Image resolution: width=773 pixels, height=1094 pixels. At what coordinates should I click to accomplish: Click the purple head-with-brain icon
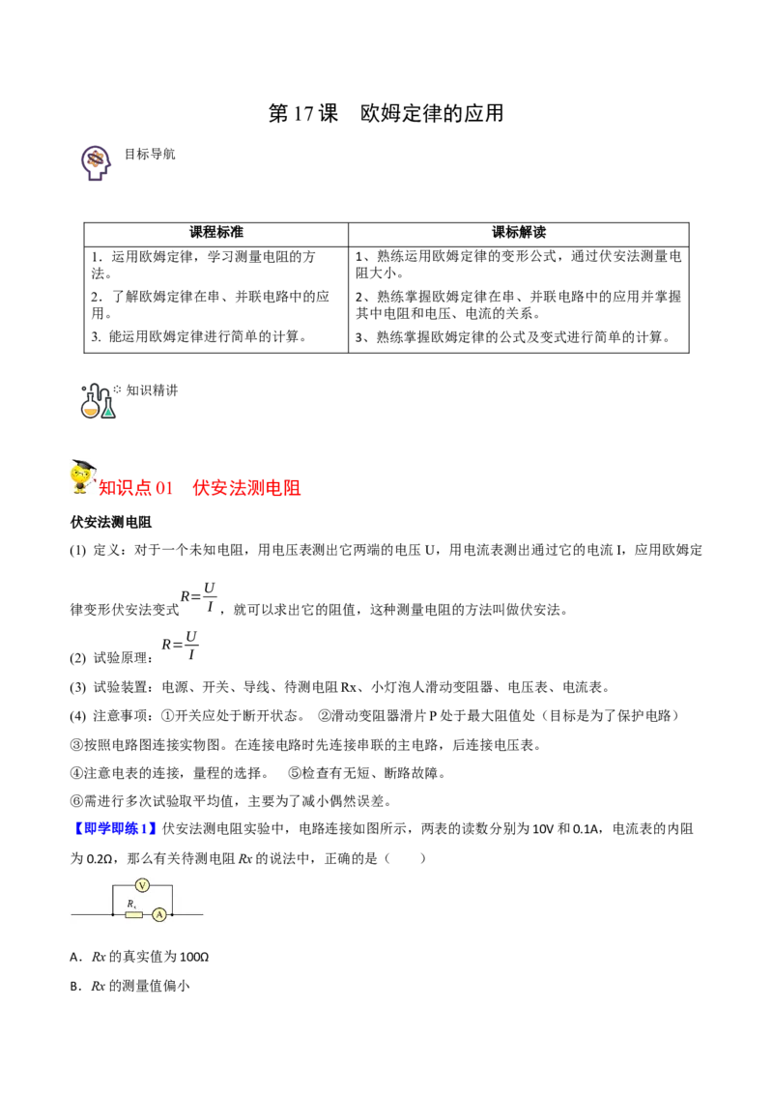tap(96, 162)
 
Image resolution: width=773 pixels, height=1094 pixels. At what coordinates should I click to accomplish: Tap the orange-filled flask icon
tap(91, 409)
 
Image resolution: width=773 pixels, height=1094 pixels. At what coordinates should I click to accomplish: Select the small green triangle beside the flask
tap(109, 412)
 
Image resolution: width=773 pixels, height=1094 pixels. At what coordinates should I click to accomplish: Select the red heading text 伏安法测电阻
tap(246, 489)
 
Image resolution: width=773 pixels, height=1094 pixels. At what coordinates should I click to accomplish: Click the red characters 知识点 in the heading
tap(127, 489)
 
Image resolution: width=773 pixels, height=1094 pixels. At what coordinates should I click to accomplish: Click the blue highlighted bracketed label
tap(115, 828)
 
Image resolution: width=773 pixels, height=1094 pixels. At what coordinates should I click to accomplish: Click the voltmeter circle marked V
tap(142, 885)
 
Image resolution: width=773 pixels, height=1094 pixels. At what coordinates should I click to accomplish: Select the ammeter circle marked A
tap(159, 914)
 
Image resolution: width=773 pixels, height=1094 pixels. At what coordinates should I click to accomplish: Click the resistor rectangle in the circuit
tap(133, 914)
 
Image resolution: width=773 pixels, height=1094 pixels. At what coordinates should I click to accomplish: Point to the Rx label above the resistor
tap(131, 904)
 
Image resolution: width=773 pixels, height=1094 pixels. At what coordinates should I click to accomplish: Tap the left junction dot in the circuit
tap(113, 914)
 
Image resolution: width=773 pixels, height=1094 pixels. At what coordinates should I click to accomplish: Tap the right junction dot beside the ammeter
tap(172, 914)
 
